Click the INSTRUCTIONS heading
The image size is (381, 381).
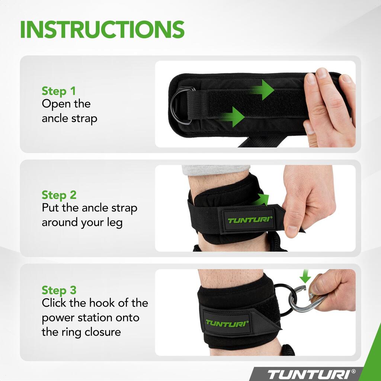point(102,29)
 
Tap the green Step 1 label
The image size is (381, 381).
point(58,91)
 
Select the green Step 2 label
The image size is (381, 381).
point(59,195)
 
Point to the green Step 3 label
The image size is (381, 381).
point(59,290)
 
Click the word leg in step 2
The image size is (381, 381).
point(115,223)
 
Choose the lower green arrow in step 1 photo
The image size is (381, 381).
point(233,117)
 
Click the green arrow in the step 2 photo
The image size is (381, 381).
point(261,200)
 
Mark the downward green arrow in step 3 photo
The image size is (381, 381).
point(305,276)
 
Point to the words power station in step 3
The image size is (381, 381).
point(90,318)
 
